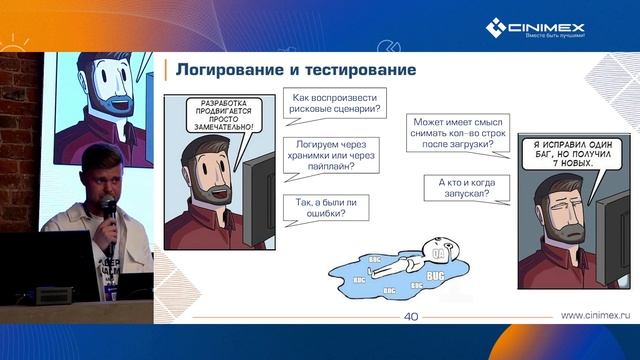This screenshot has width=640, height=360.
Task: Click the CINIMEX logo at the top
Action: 535,28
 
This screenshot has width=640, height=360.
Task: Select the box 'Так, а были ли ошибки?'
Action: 328,206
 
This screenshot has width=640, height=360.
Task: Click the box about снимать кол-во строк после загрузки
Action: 456,135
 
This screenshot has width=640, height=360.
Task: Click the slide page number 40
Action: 410,317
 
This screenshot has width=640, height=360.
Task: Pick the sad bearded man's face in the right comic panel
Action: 563,212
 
